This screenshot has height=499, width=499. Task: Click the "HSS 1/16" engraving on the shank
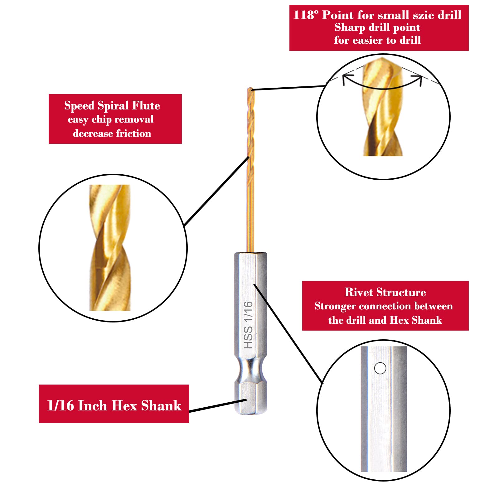pos(248,325)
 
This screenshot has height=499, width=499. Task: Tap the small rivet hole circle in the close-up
pos(380,368)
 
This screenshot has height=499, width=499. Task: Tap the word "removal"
pos(134,119)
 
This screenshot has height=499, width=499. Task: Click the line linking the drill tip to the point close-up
pos(288,88)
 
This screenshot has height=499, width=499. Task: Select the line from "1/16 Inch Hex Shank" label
pos(218,405)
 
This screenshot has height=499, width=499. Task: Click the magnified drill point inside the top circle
pos(382,106)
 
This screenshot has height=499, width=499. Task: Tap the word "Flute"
pos(146,106)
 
